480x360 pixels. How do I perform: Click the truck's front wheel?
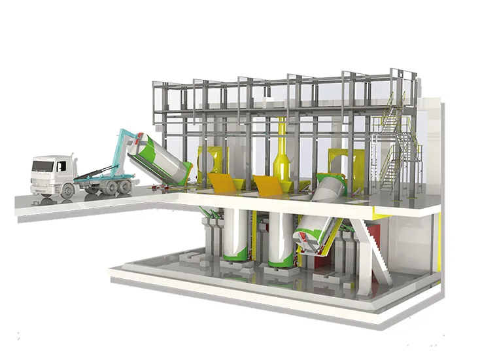coord(67,190)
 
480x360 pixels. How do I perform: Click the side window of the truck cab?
coord(61,167)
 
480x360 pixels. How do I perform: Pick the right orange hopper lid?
coord(271,185)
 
